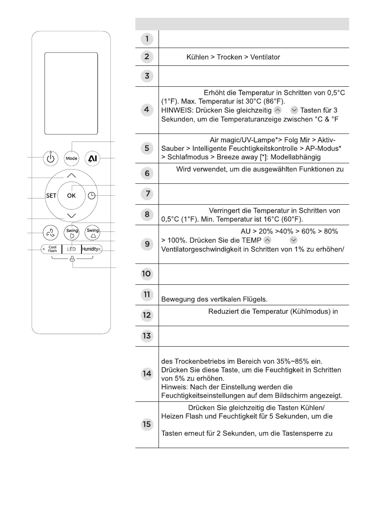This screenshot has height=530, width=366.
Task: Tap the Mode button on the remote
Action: (71, 158)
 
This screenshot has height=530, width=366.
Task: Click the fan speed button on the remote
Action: (50, 232)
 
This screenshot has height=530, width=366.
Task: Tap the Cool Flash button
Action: (52, 249)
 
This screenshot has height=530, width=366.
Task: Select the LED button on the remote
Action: (71, 249)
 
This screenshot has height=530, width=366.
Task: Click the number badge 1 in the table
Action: (146, 39)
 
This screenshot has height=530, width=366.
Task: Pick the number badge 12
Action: (146, 315)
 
